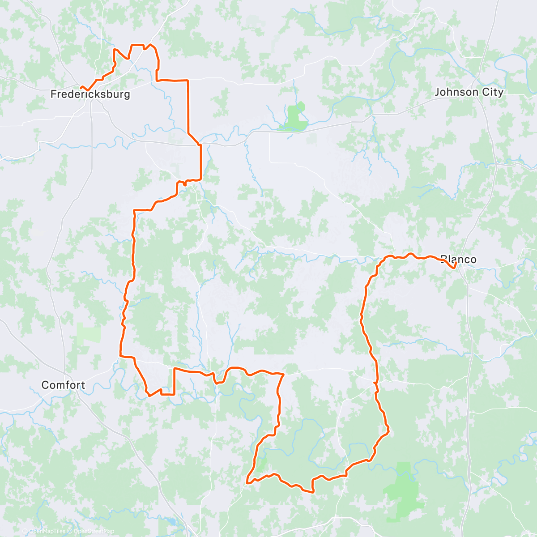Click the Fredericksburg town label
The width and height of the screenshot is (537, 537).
point(90,94)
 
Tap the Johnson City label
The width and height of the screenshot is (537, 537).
point(469,92)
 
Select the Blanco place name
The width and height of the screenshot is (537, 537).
point(458,260)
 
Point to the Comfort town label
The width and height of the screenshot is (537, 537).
point(63,385)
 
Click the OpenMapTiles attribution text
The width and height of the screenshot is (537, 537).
point(47,531)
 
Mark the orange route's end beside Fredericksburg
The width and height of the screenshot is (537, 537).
point(81,87)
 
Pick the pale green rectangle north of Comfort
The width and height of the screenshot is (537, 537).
point(88,333)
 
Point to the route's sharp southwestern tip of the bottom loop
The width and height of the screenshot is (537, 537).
point(247,483)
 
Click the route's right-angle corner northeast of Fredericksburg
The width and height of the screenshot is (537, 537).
point(188,80)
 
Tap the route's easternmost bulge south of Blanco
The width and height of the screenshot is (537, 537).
point(388,430)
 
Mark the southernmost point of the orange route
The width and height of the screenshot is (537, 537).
point(312,492)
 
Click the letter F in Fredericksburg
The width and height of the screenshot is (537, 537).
point(53,94)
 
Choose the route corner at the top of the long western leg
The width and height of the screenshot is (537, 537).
point(134,210)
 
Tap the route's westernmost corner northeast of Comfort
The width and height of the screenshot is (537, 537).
point(120,356)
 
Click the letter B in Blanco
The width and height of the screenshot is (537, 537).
point(443,260)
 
